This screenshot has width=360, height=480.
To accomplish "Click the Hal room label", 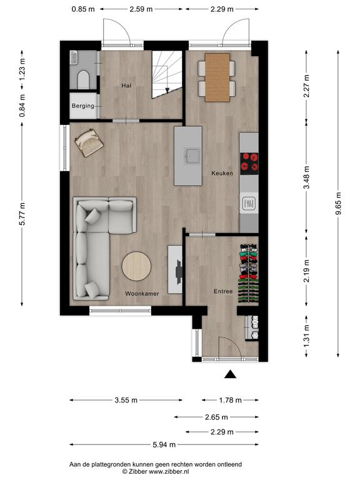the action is (x=126, y=86).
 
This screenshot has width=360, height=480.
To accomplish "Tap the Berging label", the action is (x=83, y=106).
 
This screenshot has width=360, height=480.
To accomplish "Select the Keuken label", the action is (x=222, y=173).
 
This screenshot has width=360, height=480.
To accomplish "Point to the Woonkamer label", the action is (x=142, y=294).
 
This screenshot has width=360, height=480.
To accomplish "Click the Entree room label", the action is (x=223, y=291).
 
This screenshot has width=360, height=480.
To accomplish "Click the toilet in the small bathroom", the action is (x=83, y=79).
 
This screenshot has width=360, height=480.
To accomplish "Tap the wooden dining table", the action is (x=217, y=77).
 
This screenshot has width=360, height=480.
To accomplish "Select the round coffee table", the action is (x=136, y=266).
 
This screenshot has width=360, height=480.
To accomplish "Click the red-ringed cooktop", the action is (x=249, y=164).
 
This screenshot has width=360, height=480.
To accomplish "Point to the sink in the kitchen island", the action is (x=192, y=156).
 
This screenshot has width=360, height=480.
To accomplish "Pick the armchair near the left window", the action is (x=89, y=143).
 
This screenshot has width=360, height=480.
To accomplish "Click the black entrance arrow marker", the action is (x=230, y=374).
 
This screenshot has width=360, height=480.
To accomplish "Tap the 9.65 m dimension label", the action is (x=338, y=204).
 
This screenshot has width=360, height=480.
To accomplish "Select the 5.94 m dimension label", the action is (x=164, y=444).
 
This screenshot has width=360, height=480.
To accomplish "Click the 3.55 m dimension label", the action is (x=126, y=400).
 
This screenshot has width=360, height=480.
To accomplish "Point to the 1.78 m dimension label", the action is (x=230, y=400).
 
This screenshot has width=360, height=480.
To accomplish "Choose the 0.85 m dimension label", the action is (x=83, y=9).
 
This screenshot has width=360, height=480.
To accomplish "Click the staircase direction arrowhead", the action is (x=167, y=90).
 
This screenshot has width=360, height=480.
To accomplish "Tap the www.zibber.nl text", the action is (x=169, y=471).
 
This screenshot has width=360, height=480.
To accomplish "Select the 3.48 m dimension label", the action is (x=306, y=177).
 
